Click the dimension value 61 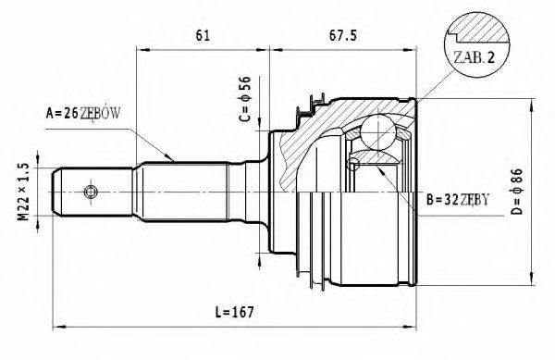(203, 36)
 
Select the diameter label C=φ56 (245, 101)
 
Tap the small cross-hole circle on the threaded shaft (90, 191)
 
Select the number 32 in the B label (450, 199)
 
